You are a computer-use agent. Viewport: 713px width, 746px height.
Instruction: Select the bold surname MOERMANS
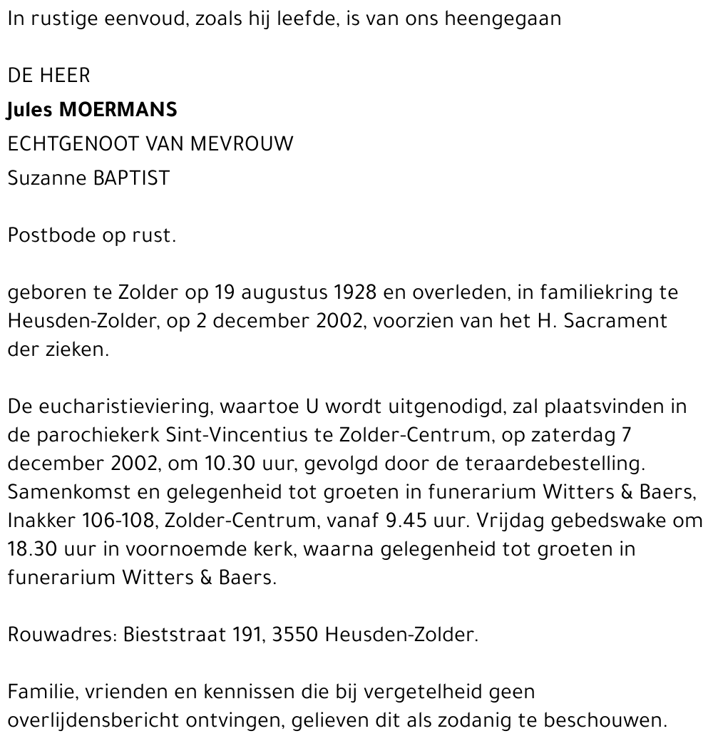pos(118,111)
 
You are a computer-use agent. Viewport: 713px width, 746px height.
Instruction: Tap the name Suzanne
pos(47,178)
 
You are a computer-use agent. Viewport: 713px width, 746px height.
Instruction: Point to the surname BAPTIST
pos(132,178)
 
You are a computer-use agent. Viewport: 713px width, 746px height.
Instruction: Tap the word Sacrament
pos(615,322)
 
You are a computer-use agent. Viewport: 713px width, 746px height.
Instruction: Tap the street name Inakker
pos(38,521)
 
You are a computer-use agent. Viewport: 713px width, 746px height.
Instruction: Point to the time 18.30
pos(33,550)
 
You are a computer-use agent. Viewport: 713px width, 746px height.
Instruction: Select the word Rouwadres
pos(58,635)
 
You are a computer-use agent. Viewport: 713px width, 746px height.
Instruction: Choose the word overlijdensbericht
pos(85,720)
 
